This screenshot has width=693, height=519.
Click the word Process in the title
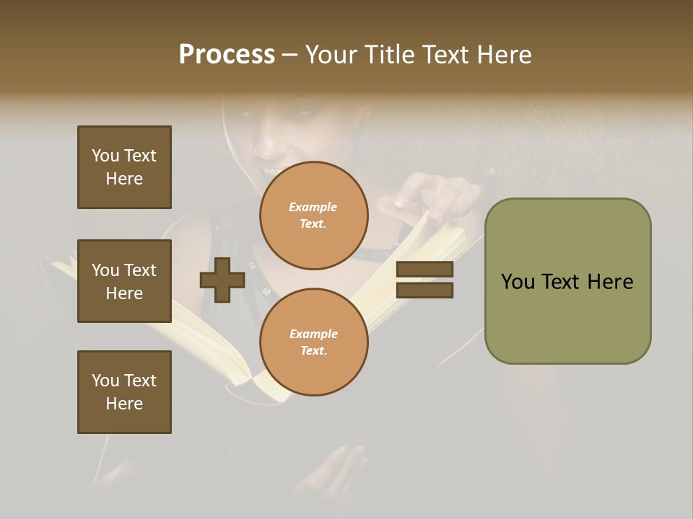point(227,55)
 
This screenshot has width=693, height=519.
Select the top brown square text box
point(124,167)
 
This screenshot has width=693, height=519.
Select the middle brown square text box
point(124,281)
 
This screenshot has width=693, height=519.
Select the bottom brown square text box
point(124,392)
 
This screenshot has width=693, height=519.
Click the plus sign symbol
point(222,280)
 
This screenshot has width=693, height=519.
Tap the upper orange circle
point(314,216)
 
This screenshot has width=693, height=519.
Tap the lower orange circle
point(314,342)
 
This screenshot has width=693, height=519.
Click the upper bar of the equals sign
point(425,270)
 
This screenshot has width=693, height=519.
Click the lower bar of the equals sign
point(425,290)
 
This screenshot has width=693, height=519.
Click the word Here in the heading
point(502,55)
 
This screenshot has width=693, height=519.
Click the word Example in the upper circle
point(313,207)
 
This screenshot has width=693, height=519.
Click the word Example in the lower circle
point(313,334)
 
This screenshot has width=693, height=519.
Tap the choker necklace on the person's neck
point(375,254)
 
